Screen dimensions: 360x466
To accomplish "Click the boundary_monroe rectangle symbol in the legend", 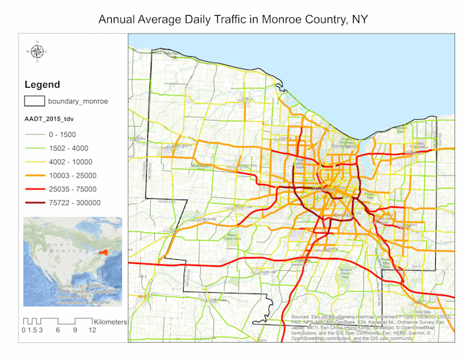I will click(x=34, y=101).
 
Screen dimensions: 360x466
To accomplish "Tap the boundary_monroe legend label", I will click(x=77, y=101).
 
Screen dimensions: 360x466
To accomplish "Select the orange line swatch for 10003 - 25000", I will click(x=34, y=176).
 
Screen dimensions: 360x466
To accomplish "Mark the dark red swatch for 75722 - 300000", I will click(x=34, y=203).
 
